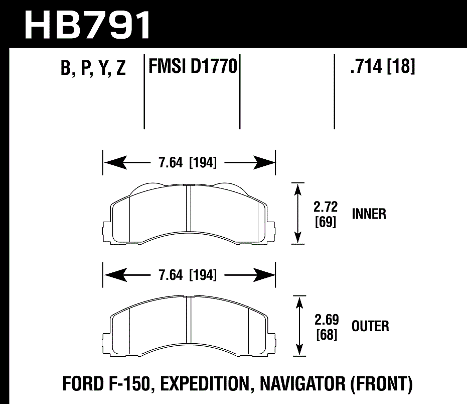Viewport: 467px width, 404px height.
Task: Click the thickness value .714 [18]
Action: [383, 66]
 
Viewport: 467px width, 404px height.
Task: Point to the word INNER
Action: [369, 214]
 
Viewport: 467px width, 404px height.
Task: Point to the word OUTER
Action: [370, 327]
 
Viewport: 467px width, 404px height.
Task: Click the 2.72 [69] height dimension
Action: [326, 214]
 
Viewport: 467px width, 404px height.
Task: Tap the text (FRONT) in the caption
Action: [383, 385]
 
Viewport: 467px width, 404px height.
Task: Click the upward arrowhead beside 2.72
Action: [298, 189]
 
